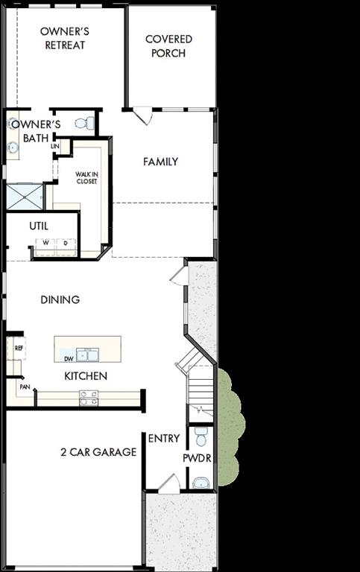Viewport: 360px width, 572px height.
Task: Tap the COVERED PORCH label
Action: [x=168, y=46]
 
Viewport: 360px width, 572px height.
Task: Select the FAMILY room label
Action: [x=160, y=162]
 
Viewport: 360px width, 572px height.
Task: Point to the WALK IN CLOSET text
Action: [x=86, y=177]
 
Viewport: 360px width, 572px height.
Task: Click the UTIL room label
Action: [x=39, y=225]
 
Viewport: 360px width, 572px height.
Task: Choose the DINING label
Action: [x=60, y=299]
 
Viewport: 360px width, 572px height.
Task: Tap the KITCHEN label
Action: [x=85, y=376]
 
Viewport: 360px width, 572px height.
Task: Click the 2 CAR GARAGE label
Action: [x=98, y=451]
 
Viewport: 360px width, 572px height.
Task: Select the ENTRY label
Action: [x=163, y=438]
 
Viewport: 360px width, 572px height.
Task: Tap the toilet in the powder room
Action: [x=200, y=436]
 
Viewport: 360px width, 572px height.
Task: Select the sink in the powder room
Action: [x=200, y=483]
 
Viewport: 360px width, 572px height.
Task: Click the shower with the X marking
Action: [x=25, y=197]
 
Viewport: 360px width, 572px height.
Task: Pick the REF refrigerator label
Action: [x=19, y=348]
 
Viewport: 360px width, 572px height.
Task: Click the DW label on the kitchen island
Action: [x=69, y=357]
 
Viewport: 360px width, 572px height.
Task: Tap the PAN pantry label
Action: [x=24, y=387]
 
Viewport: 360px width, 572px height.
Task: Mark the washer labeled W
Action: [x=45, y=243]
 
